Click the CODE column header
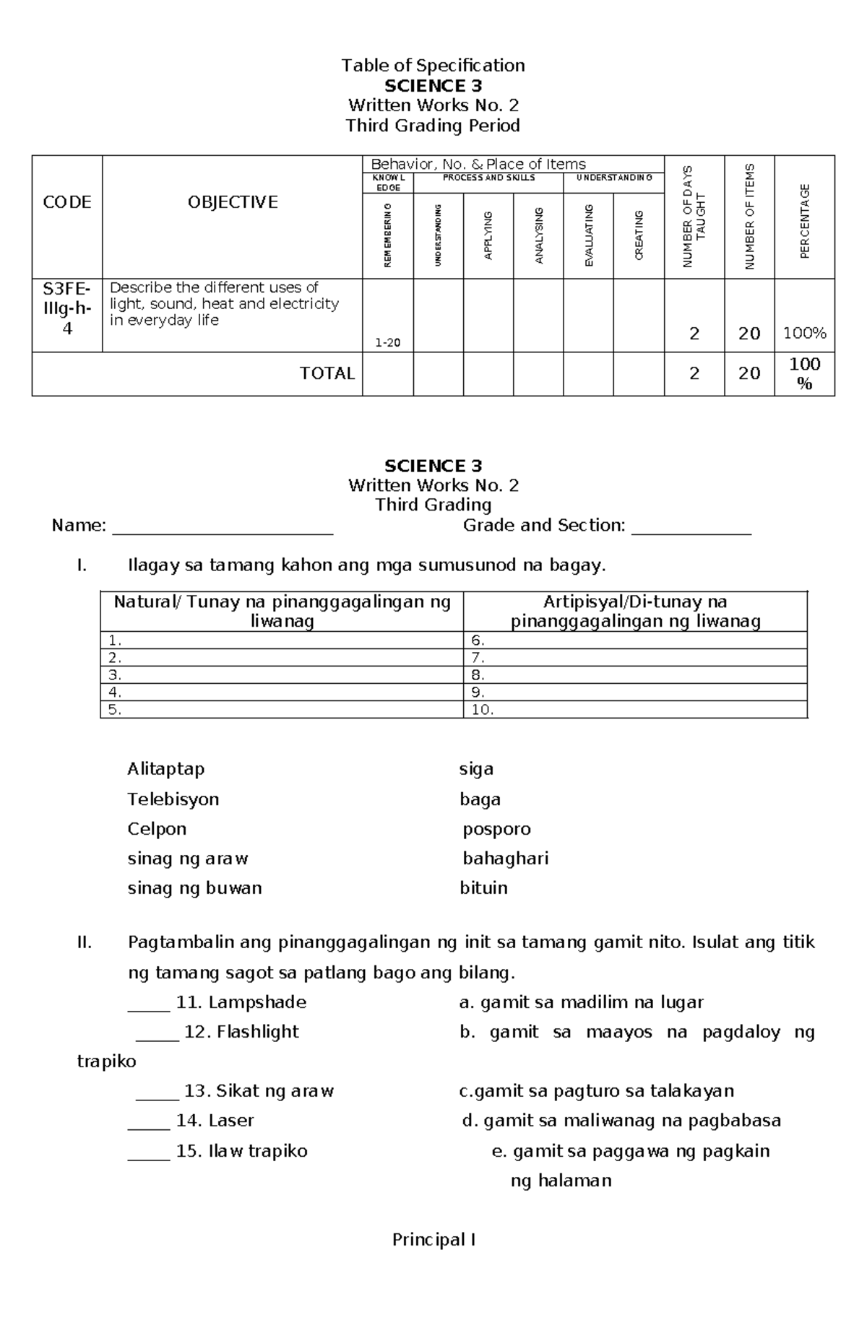tap(67, 202)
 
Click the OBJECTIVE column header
tap(233, 202)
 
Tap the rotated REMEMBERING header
tap(388, 235)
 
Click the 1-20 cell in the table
tap(388, 342)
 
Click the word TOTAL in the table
tap(327, 373)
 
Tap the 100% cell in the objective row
tap(805, 333)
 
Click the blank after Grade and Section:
tap(691, 527)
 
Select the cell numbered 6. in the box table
tap(634, 640)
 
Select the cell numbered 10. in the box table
tap(634, 710)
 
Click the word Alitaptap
tap(166, 768)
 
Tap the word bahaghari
tap(506, 859)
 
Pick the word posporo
tap(496, 829)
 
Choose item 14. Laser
tap(215, 1121)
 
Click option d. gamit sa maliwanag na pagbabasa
tap(621, 1121)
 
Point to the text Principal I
tap(433, 1240)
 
